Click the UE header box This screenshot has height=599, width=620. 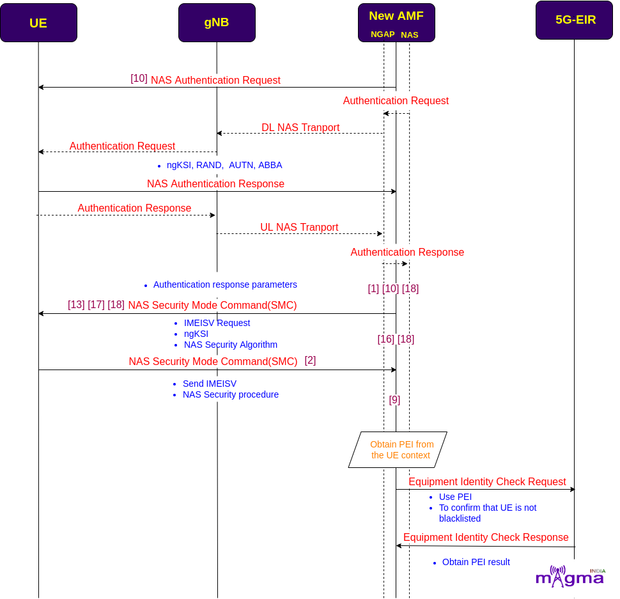pos(39,22)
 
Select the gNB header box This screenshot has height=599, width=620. pos(217,22)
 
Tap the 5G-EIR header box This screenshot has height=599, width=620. pos(574,20)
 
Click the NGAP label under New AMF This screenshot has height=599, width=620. pos(382,35)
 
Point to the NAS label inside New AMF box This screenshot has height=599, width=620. pos(409,35)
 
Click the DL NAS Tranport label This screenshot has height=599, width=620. pos(300,127)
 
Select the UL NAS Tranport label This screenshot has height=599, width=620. pos(299,227)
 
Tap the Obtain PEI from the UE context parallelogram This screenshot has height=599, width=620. pos(398,449)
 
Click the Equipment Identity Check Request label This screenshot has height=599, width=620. pos(487,481)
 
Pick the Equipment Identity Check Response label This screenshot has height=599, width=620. pos(486,538)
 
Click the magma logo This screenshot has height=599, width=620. pos(570,577)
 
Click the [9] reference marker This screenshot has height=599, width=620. pos(394,400)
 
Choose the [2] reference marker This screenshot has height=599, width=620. pos(310,360)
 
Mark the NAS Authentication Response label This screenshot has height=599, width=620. pos(215,184)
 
